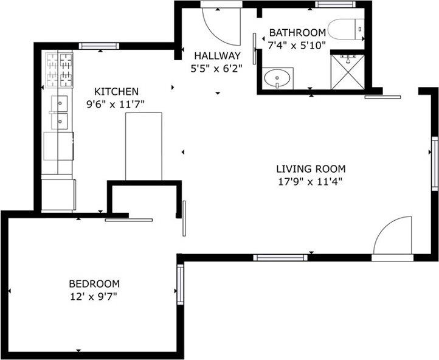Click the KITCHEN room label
point(116,91)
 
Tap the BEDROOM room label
point(94,284)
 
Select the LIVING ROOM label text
point(311,169)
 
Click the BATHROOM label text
point(298,32)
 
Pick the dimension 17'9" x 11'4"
point(311,181)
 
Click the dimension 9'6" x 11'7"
point(116,103)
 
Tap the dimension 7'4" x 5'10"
point(298,44)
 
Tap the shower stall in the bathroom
point(347,72)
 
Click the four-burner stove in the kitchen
point(59,71)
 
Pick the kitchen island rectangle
point(144,146)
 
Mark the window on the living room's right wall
point(435,164)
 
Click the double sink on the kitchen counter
point(60,112)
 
